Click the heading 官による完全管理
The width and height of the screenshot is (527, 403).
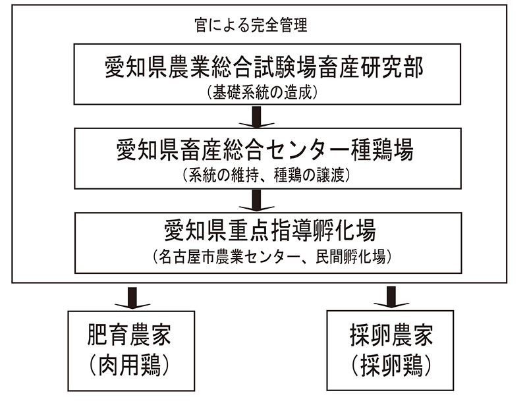(x=251, y=25)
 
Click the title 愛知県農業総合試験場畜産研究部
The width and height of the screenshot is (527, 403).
(x=264, y=67)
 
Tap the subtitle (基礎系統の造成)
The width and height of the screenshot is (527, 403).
(x=262, y=92)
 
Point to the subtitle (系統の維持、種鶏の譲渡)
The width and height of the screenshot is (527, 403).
(x=267, y=175)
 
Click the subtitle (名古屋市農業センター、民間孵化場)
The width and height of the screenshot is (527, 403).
(x=271, y=257)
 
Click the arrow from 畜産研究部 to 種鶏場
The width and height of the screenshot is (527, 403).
(x=256, y=117)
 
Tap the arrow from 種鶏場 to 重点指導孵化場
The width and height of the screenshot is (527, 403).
(x=256, y=201)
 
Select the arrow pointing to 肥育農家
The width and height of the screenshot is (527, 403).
(x=132, y=298)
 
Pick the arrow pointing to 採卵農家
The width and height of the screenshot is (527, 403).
(x=391, y=297)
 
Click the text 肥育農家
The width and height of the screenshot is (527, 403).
(x=129, y=335)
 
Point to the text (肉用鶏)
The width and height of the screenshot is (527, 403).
(x=129, y=365)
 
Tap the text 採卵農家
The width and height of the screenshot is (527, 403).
(x=391, y=335)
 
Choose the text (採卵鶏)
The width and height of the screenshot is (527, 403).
(x=391, y=365)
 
